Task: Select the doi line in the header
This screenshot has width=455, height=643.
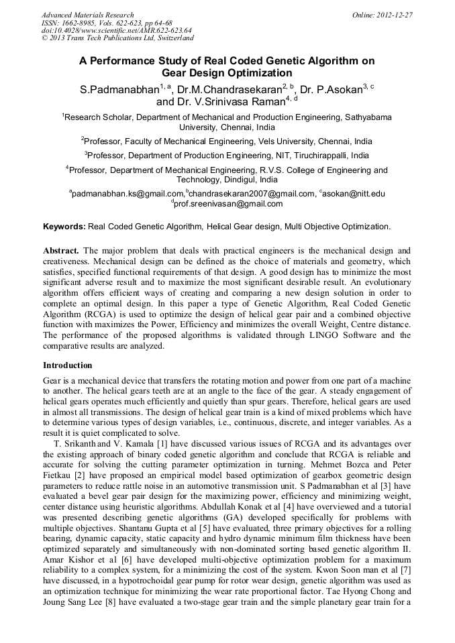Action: coord(116,31)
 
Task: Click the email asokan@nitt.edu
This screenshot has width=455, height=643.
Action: coord(354,194)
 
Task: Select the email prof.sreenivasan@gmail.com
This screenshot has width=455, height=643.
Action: coord(229,203)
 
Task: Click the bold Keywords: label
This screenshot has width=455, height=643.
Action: coord(64,227)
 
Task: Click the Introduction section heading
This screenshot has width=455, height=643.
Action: coord(68,365)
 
